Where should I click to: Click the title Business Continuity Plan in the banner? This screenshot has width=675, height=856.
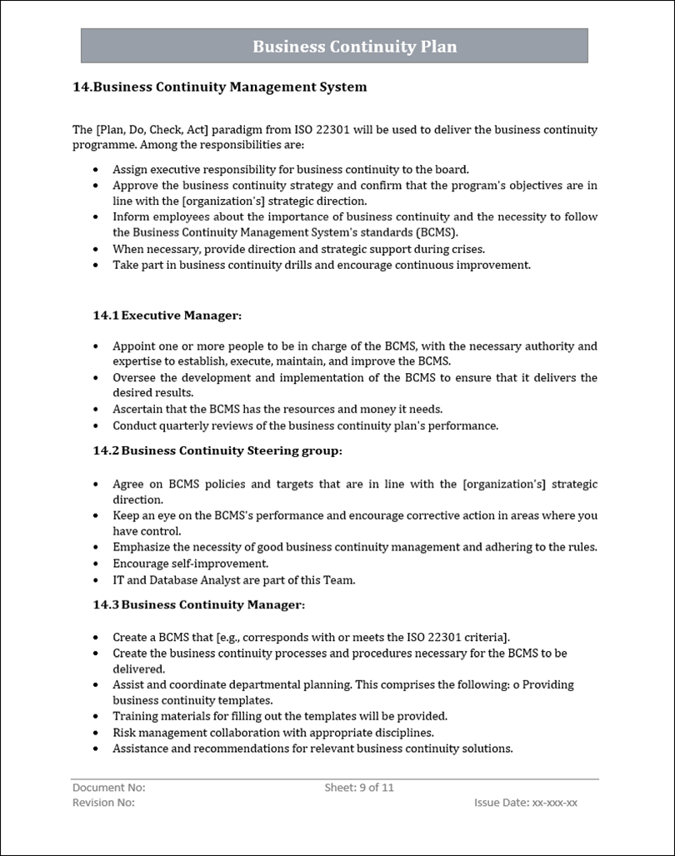(x=354, y=47)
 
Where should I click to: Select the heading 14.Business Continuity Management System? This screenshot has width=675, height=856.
(x=220, y=87)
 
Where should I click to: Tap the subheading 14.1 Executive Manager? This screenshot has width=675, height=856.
(x=167, y=316)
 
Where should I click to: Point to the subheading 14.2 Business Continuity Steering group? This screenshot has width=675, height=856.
(x=217, y=450)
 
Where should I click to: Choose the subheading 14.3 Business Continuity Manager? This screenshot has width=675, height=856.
(x=198, y=605)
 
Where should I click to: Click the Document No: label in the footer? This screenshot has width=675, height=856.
(x=109, y=788)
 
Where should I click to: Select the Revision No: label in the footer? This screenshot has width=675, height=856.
(x=104, y=803)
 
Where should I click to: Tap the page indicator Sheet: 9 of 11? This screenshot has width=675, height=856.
(x=359, y=788)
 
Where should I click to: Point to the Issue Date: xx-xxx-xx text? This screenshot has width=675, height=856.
(x=525, y=803)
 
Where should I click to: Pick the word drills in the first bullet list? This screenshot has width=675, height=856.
(x=321, y=265)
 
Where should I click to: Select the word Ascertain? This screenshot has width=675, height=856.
(x=139, y=409)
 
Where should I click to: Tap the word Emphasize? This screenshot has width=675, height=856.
(x=142, y=547)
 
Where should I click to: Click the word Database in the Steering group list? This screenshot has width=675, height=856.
(x=174, y=580)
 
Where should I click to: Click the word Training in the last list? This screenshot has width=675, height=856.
(x=135, y=716)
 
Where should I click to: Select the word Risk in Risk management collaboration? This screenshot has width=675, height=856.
(x=124, y=733)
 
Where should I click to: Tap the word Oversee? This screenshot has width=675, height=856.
(x=134, y=377)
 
